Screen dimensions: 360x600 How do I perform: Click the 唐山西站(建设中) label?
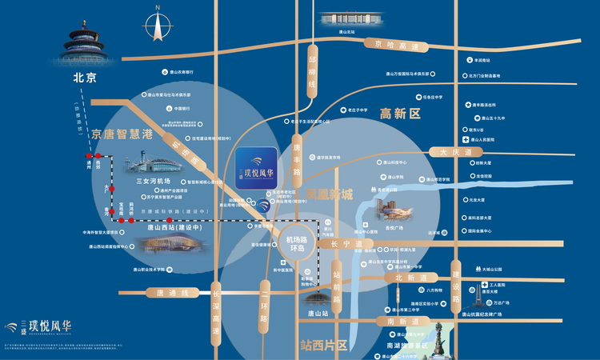tap(170, 228)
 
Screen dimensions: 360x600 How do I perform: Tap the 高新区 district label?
tap(400, 114)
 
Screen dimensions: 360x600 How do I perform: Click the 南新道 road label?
tap(402, 321)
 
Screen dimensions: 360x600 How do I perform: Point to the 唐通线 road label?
tap(171, 293)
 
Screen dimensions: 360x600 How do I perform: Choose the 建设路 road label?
tap(456, 280)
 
